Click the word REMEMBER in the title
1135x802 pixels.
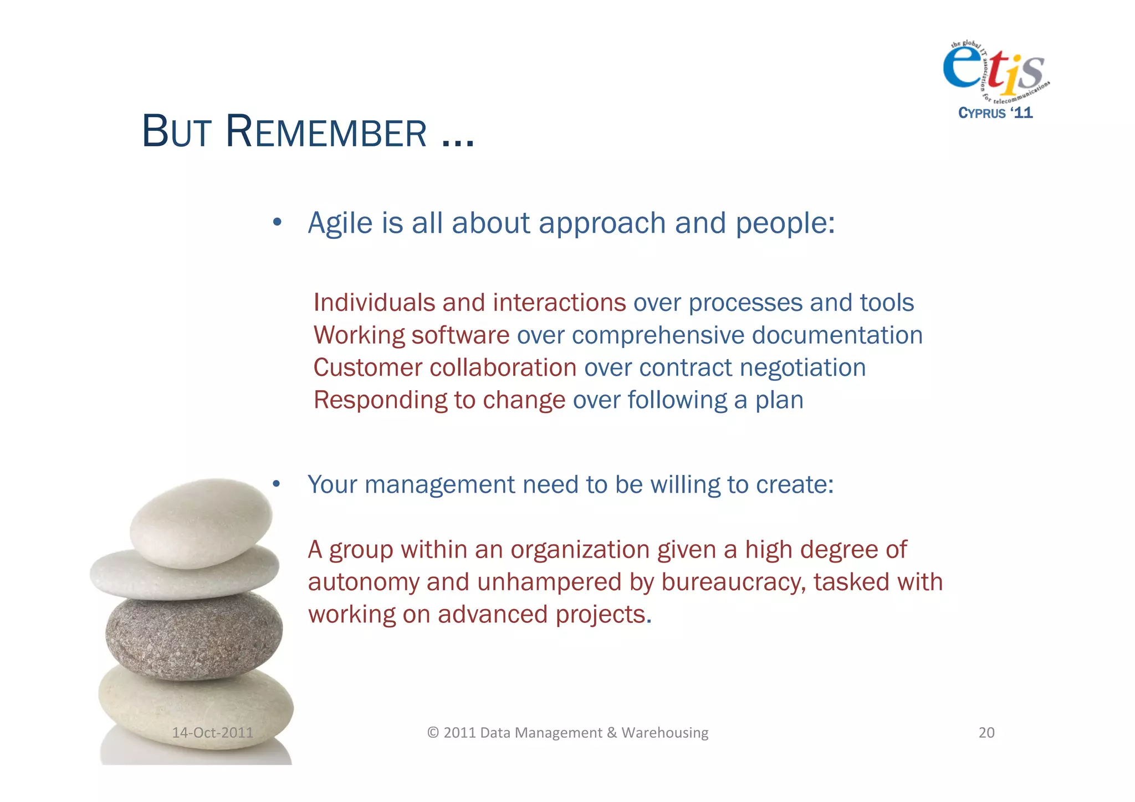click(x=326, y=132)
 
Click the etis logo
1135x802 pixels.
click(x=994, y=69)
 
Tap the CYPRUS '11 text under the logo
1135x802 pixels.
click(x=995, y=113)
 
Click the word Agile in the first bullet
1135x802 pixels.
click(x=340, y=223)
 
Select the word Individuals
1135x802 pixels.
click(x=374, y=303)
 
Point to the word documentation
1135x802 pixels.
click(x=837, y=335)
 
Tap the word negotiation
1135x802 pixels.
click(x=802, y=368)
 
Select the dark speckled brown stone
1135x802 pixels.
click(x=194, y=635)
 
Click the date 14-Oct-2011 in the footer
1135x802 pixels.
click(x=212, y=733)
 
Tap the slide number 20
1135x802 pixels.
click(x=986, y=733)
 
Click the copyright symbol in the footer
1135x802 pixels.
click(x=433, y=733)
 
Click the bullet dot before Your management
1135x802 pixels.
click(x=277, y=484)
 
